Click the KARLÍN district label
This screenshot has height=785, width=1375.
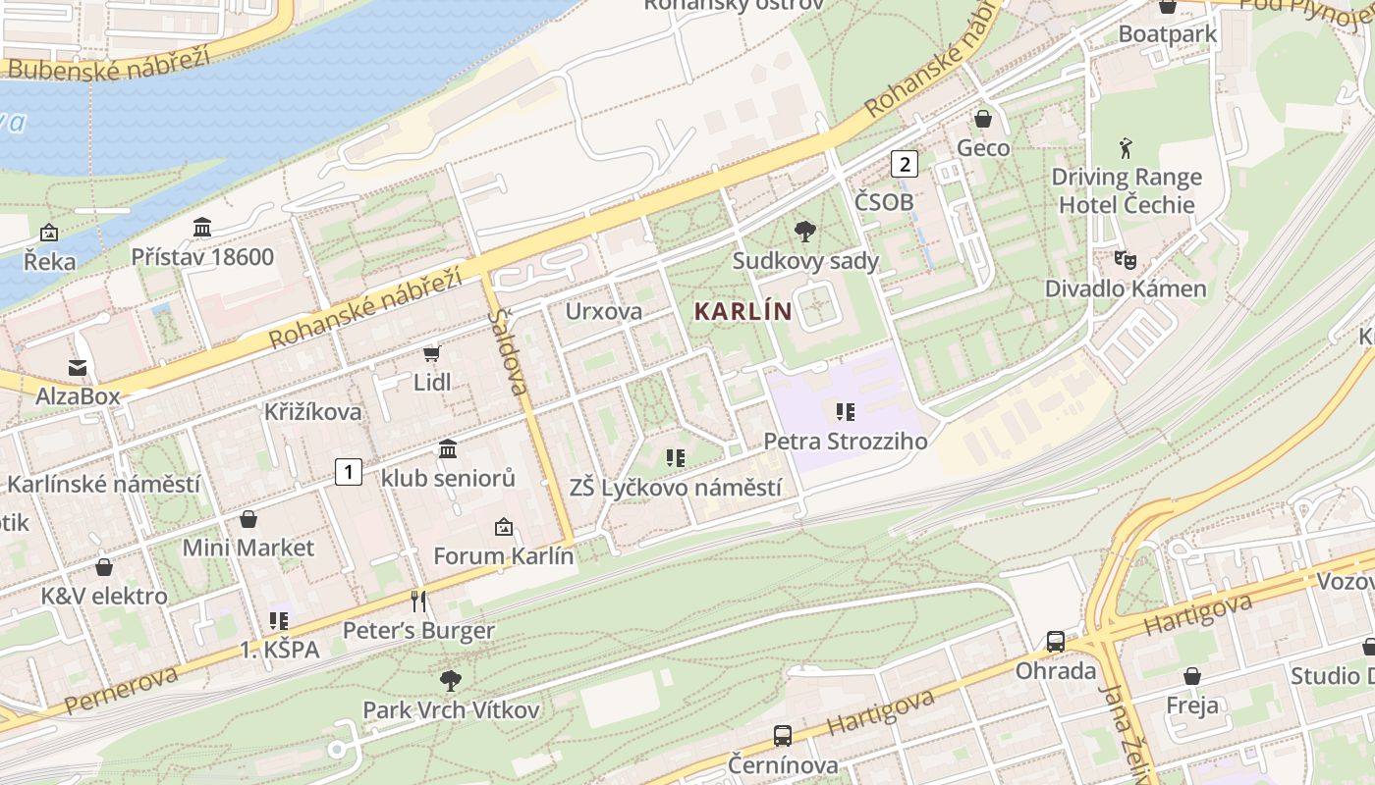[x=742, y=312]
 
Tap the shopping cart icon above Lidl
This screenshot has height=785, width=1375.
[x=431, y=353]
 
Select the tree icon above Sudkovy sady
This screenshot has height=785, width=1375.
[x=805, y=232]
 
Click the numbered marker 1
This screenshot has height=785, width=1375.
[x=348, y=472]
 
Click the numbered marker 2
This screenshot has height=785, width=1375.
[x=904, y=164]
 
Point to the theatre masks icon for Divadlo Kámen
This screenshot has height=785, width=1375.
[x=1125, y=260]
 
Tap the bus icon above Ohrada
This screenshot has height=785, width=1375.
[x=1056, y=642]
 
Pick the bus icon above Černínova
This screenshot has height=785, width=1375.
[x=783, y=735]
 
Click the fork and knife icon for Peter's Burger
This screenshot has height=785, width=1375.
[x=418, y=601]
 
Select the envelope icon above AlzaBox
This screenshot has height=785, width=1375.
[x=77, y=368]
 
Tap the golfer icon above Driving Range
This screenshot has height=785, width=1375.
[x=1126, y=149]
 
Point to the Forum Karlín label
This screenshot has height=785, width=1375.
[x=503, y=555]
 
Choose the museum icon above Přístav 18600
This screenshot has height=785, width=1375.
[x=202, y=228]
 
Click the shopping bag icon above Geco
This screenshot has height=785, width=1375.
[x=982, y=119]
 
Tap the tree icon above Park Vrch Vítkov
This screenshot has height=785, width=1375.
[x=451, y=679]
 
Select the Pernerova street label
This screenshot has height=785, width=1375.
[x=122, y=690]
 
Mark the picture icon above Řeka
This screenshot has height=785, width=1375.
[x=48, y=233]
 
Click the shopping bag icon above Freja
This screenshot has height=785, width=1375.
[x=1191, y=676]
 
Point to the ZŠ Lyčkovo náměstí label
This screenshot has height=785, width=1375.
[x=676, y=488]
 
